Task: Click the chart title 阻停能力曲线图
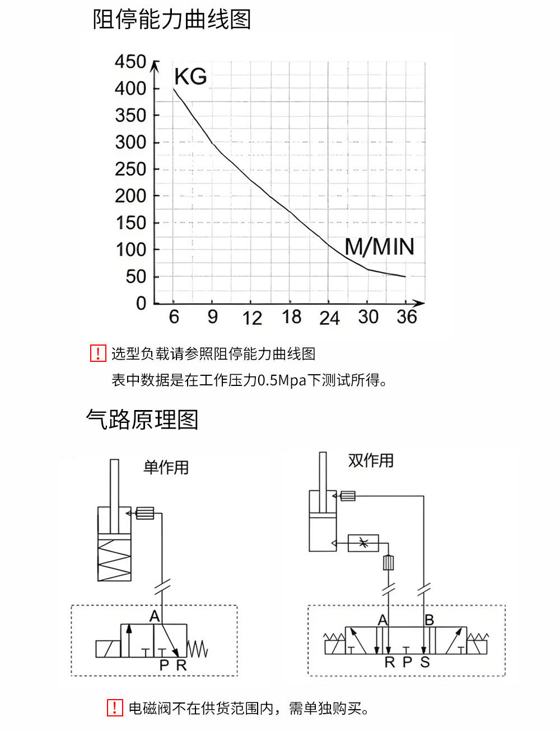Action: (171, 20)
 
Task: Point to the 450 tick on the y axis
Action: (130, 61)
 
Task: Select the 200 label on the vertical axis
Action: (130, 196)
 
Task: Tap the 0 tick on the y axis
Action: (141, 303)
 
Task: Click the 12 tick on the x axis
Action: (252, 318)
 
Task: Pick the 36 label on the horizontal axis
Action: (407, 317)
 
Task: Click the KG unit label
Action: (190, 77)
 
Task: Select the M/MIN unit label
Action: (379, 246)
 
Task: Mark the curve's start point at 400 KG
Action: (174, 89)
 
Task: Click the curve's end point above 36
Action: (405, 276)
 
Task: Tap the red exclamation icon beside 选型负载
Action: (98, 353)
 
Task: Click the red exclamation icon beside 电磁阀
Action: (115, 707)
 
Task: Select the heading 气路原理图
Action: (142, 420)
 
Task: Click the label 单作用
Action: (166, 467)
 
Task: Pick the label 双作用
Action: (371, 460)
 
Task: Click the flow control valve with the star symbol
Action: (363, 543)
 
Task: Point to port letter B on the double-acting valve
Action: (429, 620)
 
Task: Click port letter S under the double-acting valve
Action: (425, 662)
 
